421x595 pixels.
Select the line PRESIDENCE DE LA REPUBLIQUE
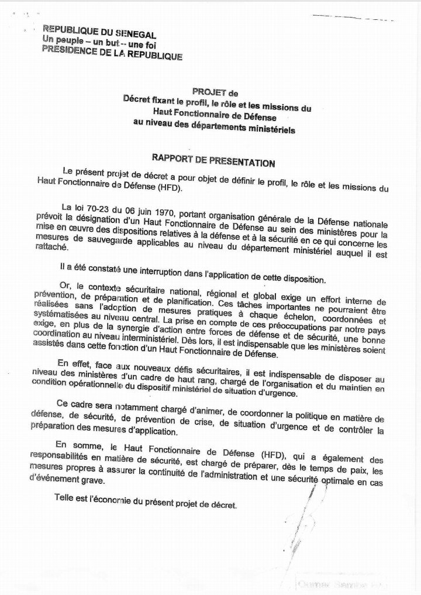tap(112, 54)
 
